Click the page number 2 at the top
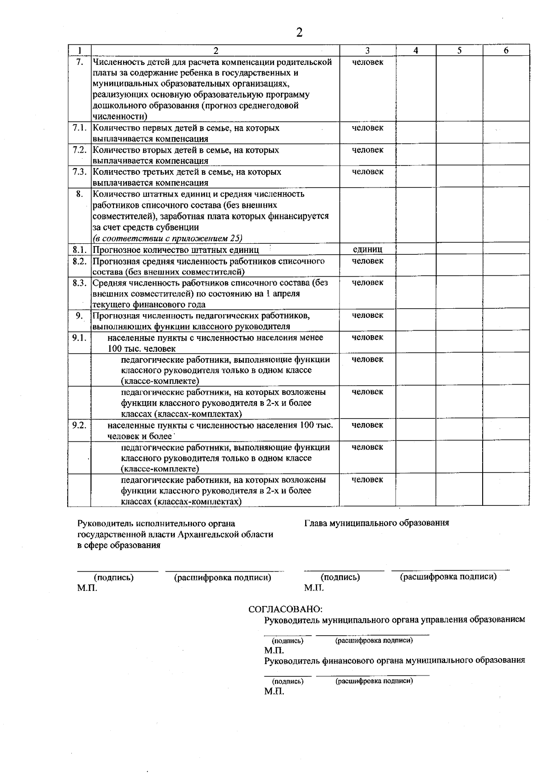tap(299, 32)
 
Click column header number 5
tap(459, 51)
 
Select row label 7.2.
tap(79, 150)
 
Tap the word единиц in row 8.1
tap(367, 249)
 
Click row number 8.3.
tap(79, 283)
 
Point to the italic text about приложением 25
tap(167, 238)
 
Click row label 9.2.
tap(79, 425)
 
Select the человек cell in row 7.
tap(367, 62)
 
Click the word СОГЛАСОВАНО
tap(285, 609)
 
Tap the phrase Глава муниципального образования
tap(376, 523)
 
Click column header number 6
tap(506, 51)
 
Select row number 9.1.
tap(79, 338)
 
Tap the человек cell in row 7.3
tap(367, 172)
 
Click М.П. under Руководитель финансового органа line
tap(274, 691)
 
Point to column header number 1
tap(80, 51)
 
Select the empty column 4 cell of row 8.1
tap(415, 249)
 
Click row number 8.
tap(80, 194)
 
